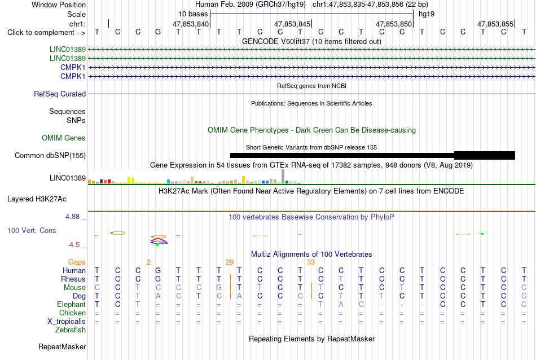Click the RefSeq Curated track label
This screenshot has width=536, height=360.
tap(59, 94)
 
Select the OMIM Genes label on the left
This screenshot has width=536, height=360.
tap(64, 138)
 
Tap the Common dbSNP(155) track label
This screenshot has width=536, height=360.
tap(50, 156)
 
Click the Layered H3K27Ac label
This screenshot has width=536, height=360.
tap(37, 199)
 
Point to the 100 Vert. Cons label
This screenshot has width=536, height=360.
tap(32, 230)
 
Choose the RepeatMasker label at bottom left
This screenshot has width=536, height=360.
tap(62, 346)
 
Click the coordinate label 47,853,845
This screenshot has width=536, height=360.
tap(292, 24)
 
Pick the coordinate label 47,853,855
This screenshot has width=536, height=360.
tap(495, 24)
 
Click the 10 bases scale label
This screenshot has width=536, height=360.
tap(193, 14)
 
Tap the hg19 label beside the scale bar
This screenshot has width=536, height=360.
tap(427, 14)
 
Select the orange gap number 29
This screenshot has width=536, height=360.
tap(230, 262)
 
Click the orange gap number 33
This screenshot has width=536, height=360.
tap(311, 262)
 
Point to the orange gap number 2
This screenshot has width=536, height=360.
tap(148, 262)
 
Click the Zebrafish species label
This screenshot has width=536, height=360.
tap(71, 330)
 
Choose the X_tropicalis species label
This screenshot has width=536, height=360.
tap(67, 322)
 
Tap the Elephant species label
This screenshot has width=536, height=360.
tap(72, 304)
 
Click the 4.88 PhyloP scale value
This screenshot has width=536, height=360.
tap(72, 217)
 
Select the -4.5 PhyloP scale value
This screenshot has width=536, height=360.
tap(73, 245)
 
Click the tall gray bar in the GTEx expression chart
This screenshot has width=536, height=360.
tap(283, 177)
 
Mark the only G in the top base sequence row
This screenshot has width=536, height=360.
tap(157, 32)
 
